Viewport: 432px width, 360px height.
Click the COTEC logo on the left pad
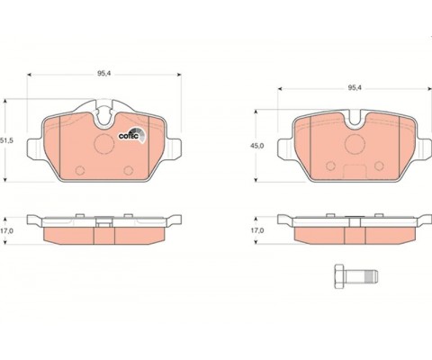[x=132, y=135]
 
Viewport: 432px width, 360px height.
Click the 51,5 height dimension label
[x=6, y=140]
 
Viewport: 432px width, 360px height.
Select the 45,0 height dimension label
[x=257, y=146]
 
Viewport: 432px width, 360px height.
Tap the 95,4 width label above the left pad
[x=104, y=74]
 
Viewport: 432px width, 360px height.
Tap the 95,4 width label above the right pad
[x=355, y=88]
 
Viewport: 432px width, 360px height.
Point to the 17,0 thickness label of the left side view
[x=6, y=230]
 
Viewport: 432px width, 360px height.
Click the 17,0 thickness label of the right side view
[x=257, y=230]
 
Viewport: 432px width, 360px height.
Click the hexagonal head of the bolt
[x=339, y=276]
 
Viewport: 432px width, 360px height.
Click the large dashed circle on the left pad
[x=104, y=144]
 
